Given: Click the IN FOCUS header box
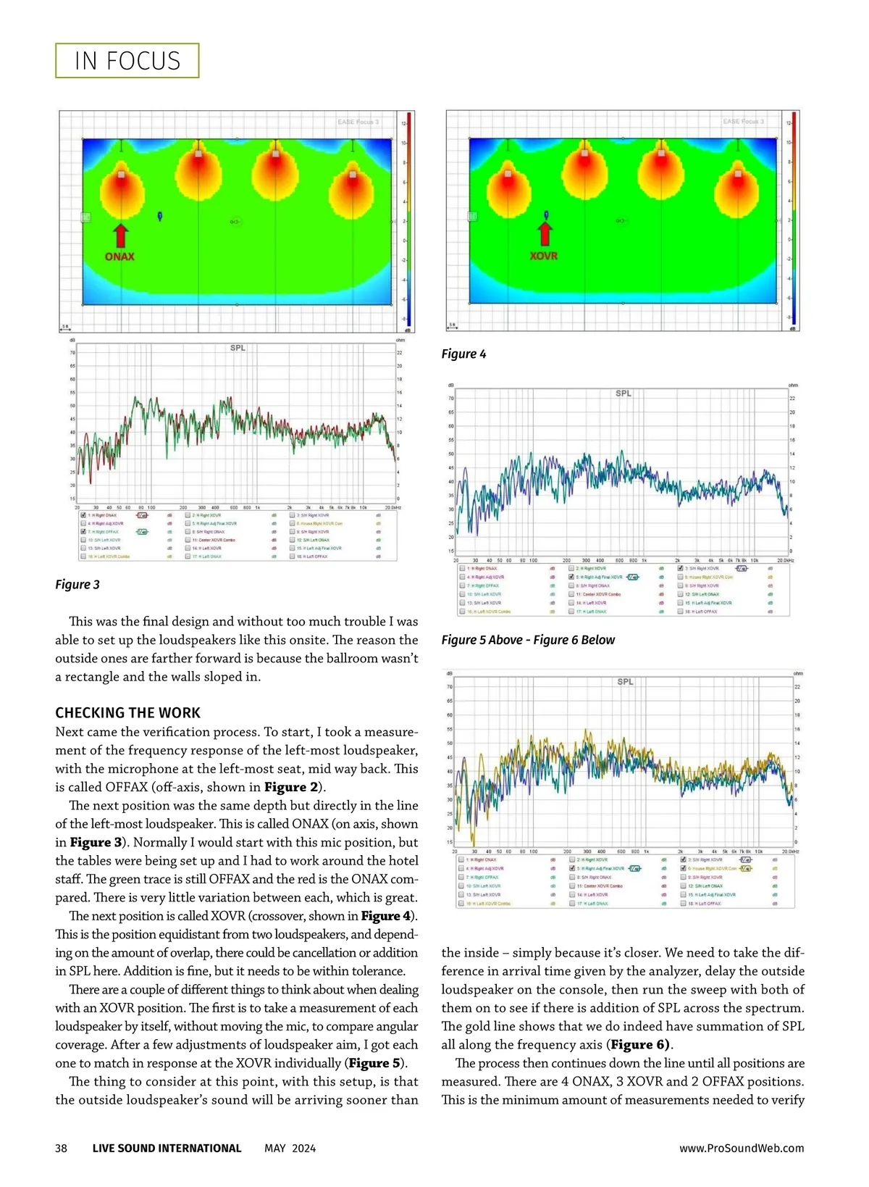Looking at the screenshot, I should tap(127, 61).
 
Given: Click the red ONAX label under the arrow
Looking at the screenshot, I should tap(119, 257).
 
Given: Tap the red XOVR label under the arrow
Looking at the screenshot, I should tap(544, 256).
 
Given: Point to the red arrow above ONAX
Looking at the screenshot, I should tap(120, 236).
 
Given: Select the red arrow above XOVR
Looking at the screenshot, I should tap(545, 233).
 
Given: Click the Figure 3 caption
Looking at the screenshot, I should tap(77, 585).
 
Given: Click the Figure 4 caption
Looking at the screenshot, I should tap(464, 354).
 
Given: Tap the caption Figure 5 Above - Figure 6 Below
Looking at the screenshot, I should tap(528, 640).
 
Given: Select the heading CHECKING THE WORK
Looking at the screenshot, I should tap(128, 713).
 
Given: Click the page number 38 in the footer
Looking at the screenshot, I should tap(62, 1148).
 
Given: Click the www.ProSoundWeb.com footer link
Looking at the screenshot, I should tap(742, 1148).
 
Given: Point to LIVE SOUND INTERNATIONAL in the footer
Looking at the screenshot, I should tap(167, 1148).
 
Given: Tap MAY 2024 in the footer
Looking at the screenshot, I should tap(290, 1148).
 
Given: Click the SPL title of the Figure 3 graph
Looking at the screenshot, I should tap(238, 349).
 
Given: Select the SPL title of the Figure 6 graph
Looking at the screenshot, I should tap(625, 682).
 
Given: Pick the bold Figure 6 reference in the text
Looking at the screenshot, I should tap(639, 1045).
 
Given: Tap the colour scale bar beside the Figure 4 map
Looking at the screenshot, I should tap(794, 217).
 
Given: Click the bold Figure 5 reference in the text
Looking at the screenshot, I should tap(375, 1063).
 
